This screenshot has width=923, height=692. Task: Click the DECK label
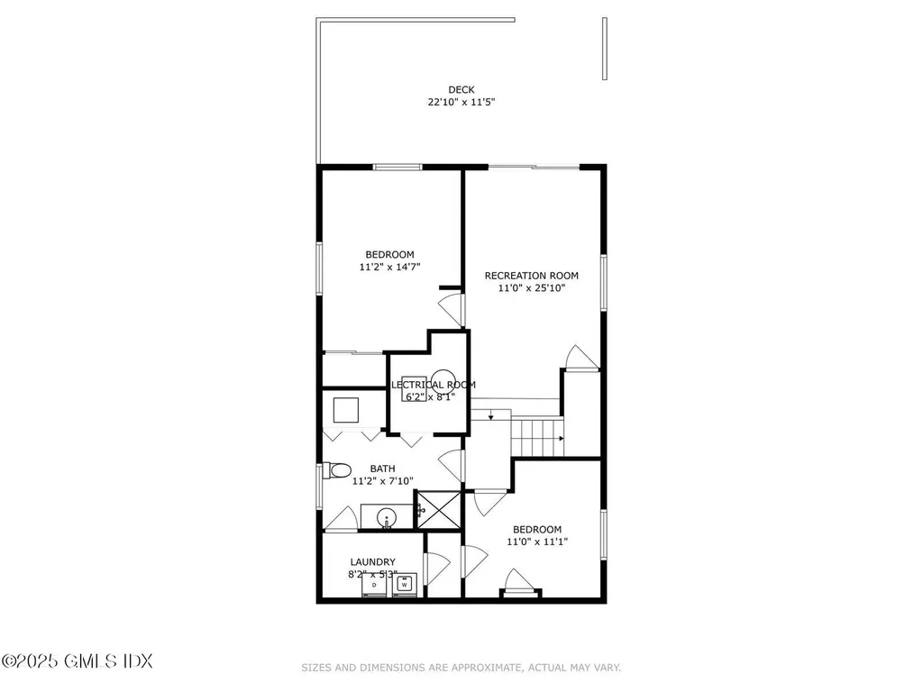[461, 89]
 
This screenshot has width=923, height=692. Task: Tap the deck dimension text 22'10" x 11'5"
[461, 103]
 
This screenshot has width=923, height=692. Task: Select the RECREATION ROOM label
[531, 276]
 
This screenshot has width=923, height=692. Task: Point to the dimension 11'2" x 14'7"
[389, 267]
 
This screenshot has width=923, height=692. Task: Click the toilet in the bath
[337, 470]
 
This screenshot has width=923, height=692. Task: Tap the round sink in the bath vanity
[387, 518]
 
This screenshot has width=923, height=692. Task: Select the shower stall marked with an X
[438, 509]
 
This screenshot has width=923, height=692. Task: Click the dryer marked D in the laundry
[373, 585]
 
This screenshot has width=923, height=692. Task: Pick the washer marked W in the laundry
[405, 585]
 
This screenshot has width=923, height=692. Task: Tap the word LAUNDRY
[373, 562]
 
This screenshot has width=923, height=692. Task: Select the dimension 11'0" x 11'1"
[537, 542]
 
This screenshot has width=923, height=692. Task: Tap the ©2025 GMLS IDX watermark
[77, 661]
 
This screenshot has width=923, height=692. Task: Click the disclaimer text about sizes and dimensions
[461, 668]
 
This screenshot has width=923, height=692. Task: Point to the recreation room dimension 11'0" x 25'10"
[531, 288]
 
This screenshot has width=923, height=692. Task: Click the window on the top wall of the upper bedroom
[398, 167]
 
